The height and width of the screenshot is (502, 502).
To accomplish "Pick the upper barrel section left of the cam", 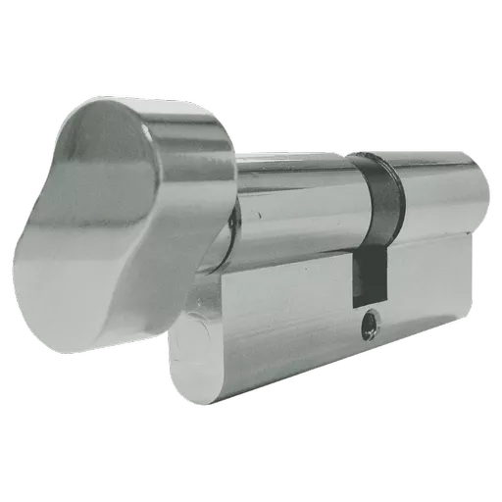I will (x=294, y=196).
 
